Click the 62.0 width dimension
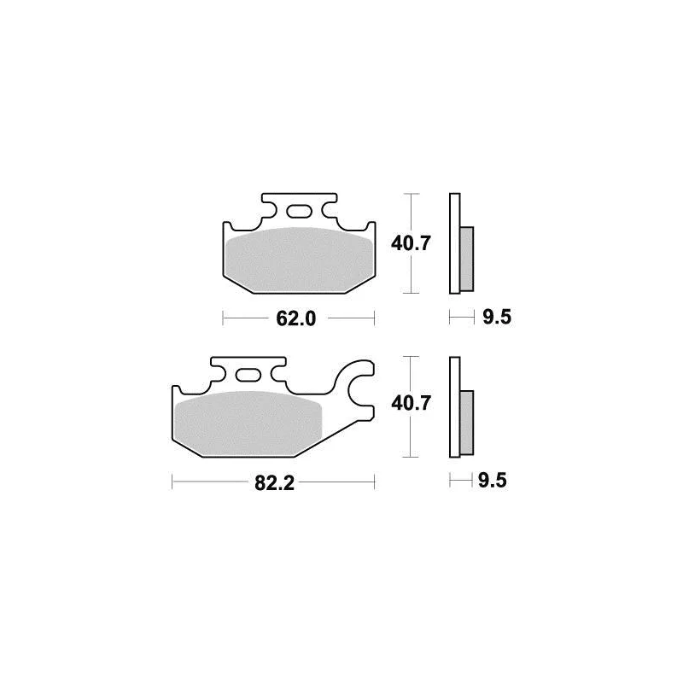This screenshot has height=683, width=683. (x=295, y=318)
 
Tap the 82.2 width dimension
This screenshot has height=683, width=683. (x=274, y=482)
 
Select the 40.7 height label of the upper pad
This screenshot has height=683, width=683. (x=411, y=243)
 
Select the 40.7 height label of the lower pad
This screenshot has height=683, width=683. (x=411, y=403)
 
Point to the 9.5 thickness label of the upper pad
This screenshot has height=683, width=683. (x=497, y=317)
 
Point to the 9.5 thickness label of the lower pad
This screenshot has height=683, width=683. (x=493, y=481)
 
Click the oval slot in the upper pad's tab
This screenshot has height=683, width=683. (x=299, y=212)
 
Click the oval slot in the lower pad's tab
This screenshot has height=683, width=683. (x=248, y=375)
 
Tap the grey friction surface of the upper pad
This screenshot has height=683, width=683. (x=300, y=260)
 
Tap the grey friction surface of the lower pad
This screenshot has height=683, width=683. (x=248, y=423)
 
